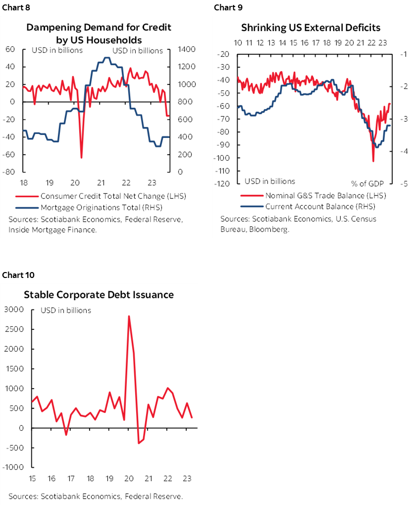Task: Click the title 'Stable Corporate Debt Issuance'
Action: tap(99, 295)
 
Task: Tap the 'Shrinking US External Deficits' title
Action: tap(310, 27)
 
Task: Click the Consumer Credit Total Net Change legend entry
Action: tap(113, 196)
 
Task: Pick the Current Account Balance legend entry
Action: tap(320, 206)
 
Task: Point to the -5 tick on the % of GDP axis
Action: tap(403, 184)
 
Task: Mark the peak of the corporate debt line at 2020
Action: tap(129, 316)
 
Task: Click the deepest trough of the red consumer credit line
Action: tap(81, 158)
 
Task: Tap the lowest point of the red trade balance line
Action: tap(373, 161)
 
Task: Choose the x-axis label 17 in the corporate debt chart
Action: tap(70, 478)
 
